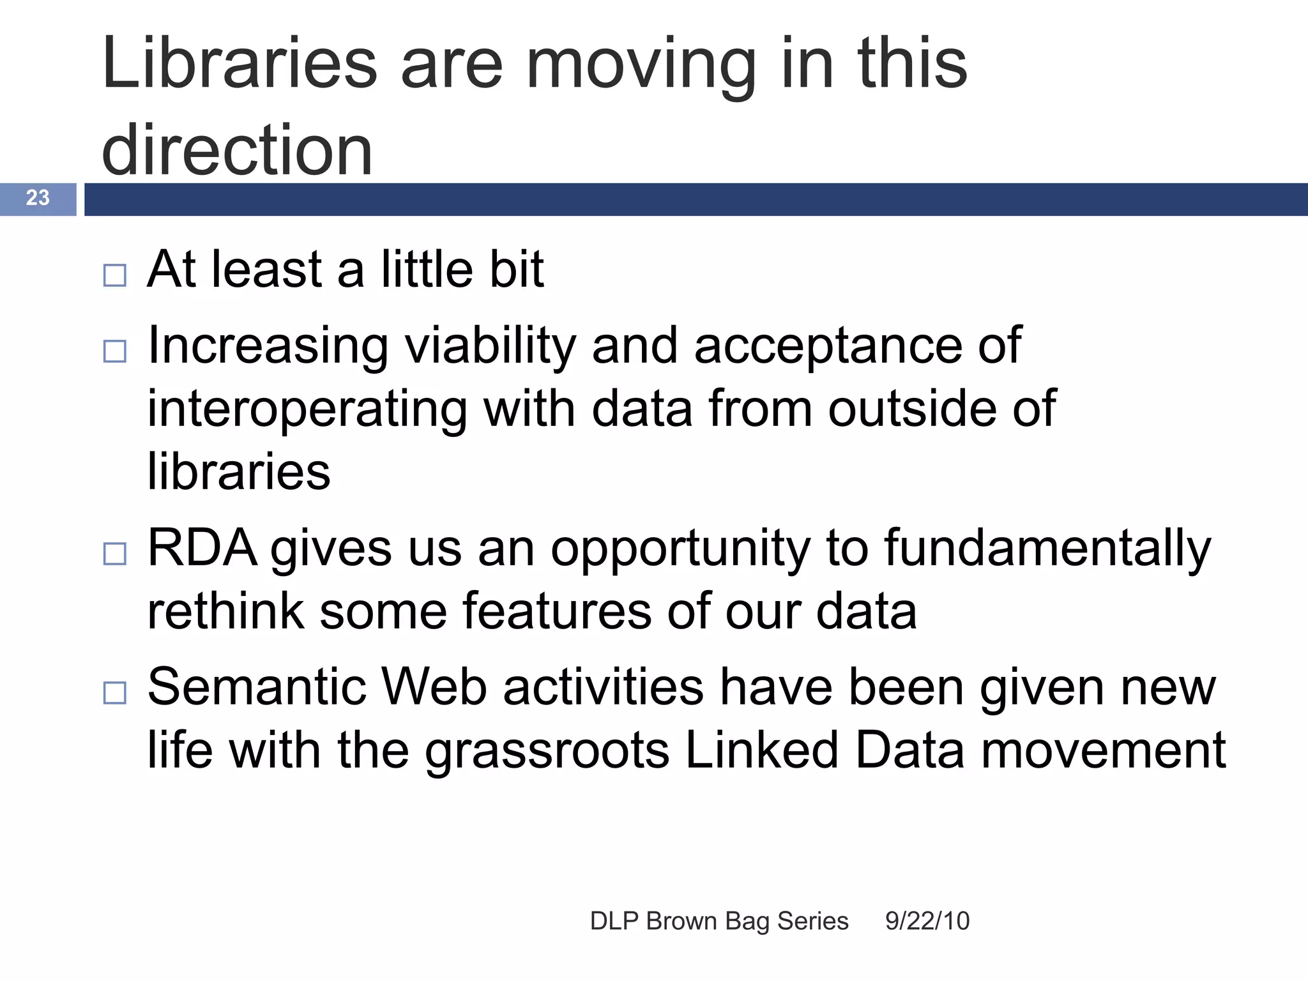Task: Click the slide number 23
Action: (x=38, y=198)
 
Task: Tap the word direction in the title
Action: (x=237, y=151)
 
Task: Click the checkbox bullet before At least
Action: (x=115, y=276)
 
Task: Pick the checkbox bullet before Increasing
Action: (x=115, y=351)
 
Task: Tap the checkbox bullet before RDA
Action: (x=115, y=554)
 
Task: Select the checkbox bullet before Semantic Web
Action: (x=115, y=693)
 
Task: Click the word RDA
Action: (x=201, y=548)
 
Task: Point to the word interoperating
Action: (x=307, y=410)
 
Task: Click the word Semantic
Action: (x=257, y=687)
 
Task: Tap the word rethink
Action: (x=225, y=611)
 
